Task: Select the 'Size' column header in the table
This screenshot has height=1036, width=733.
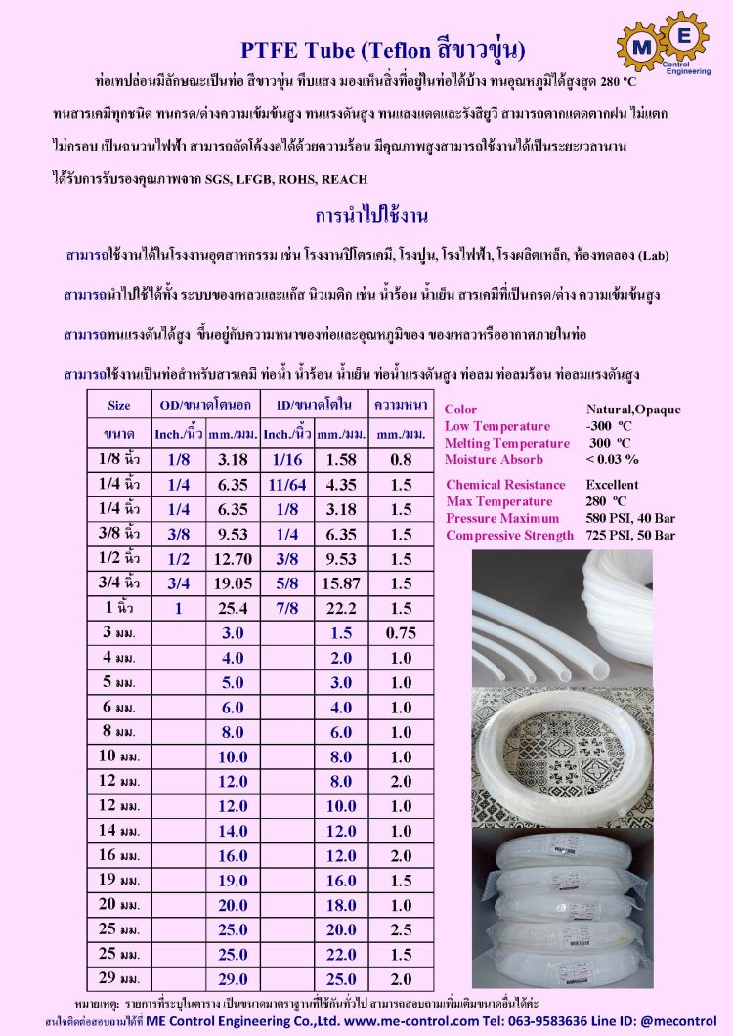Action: tap(118, 405)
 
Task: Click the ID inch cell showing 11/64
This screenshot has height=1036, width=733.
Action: tap(286, 484)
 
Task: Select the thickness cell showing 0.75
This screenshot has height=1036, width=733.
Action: tap(401, 632)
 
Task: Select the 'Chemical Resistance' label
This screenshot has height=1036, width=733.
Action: tap(505, 485)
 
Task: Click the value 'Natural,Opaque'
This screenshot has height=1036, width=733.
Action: tap(633, 410)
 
